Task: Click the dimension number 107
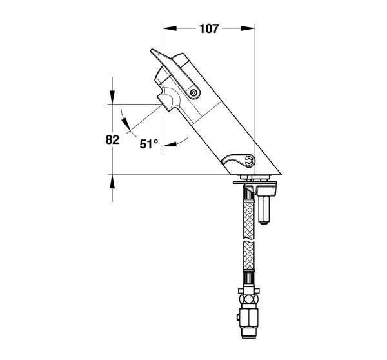pos(209,28)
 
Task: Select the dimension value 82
pos(112,140)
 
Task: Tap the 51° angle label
pos(148,144)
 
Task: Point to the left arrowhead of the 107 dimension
pos(170,28)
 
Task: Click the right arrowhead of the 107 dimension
pos(248,28)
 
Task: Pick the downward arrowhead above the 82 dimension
pos(112,97)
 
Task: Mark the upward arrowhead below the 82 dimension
pos(112,182)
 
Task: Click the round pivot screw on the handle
pos(193,93)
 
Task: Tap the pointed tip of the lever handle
pos(152,50)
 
